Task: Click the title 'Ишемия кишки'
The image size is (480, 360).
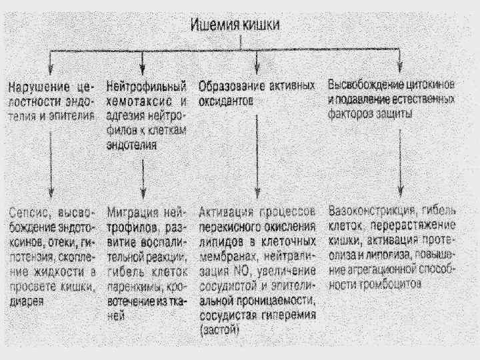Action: click(236, 26)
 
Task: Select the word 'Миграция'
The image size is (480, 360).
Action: click(134, 213)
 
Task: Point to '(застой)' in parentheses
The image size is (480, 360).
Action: click(221, 329)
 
